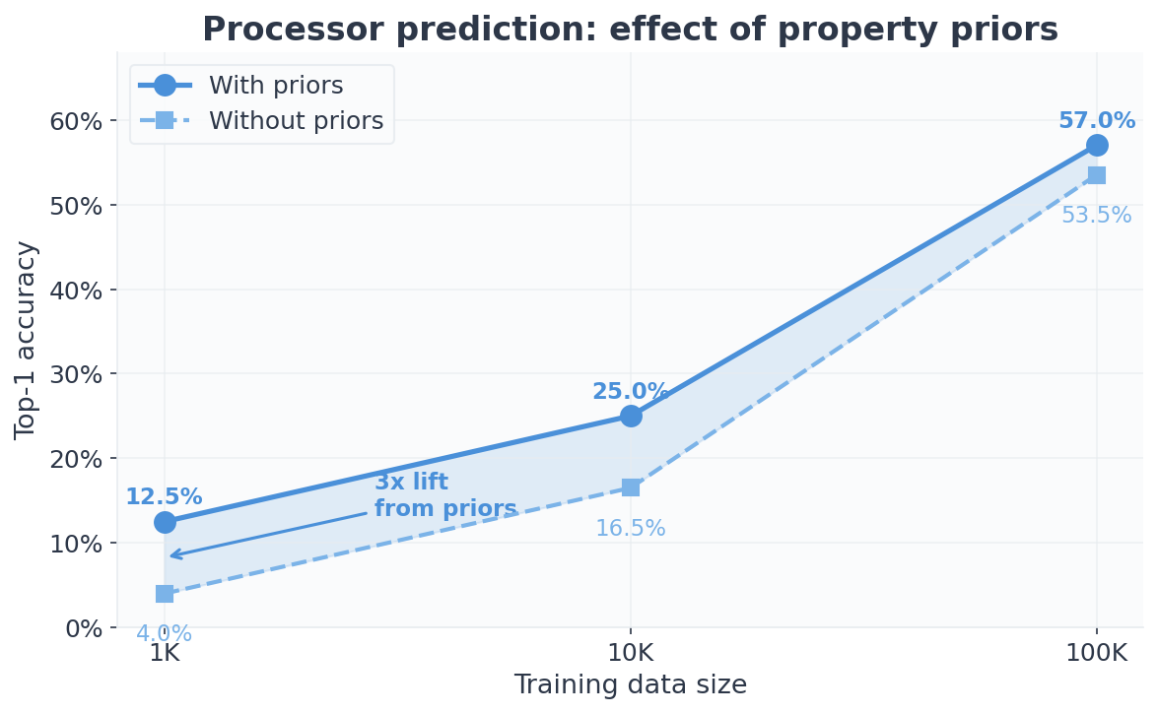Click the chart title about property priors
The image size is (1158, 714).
coord(630,31)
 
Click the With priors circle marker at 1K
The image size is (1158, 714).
coord(165,522)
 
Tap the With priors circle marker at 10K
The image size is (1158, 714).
coord(631,416)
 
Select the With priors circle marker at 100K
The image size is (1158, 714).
coord(1097,146)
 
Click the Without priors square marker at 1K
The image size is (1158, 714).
coord(165,594)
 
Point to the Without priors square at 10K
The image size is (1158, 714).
coord(631,487)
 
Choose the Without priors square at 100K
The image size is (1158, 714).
coord(1097,175)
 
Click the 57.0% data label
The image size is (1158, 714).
coord(1097,121)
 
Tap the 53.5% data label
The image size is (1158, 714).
coord(1096,216)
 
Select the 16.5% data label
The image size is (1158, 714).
coord(631,529)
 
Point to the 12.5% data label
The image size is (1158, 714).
coord(164,497)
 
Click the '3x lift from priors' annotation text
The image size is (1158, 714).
coord(445,496)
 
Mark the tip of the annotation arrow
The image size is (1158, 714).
coord(170,556)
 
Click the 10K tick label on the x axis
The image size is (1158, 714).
coord(631,653)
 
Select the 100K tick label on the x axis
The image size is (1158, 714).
coord(1097,653)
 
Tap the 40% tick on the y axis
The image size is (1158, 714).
coord(76,291)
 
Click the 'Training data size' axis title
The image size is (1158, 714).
coord(631,685)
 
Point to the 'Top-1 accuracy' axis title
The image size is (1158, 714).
coord(27,340)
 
